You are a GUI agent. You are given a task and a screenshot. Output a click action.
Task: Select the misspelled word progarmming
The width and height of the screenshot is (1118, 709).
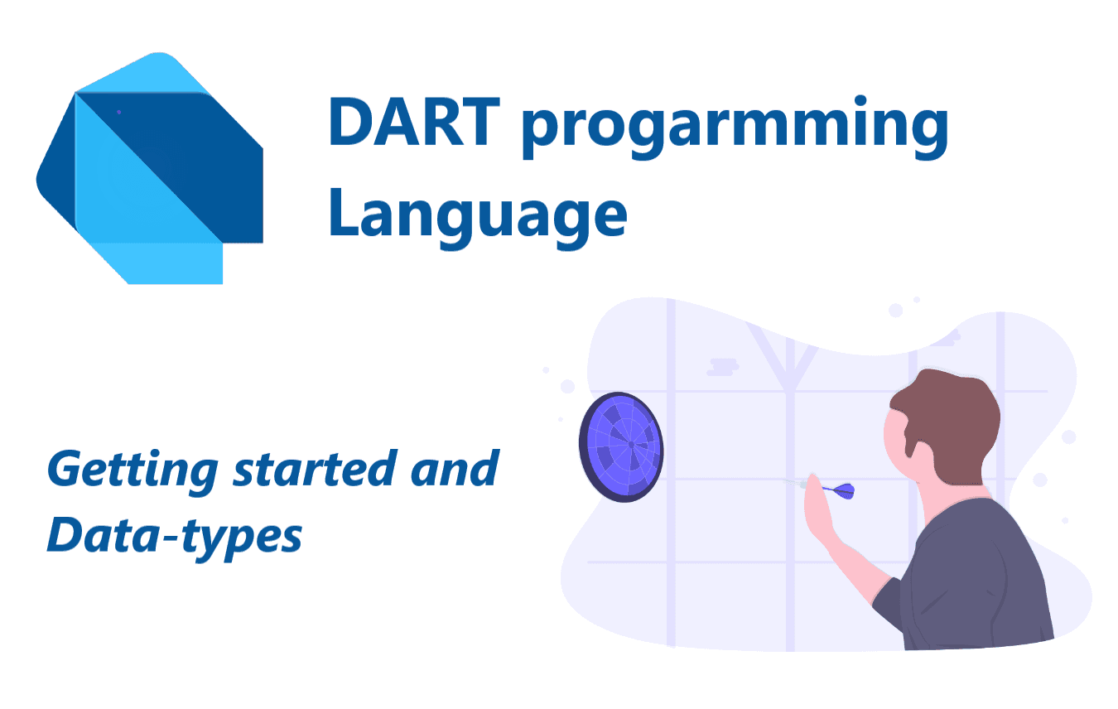735,128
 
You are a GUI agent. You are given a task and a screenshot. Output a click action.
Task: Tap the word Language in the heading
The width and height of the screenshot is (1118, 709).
478,215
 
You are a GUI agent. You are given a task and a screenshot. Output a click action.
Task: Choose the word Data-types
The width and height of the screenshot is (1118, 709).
175,538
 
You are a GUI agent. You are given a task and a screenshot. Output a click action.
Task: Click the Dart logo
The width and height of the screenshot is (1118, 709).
150,168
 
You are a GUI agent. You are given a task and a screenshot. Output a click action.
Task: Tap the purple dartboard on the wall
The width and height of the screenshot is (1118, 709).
621,447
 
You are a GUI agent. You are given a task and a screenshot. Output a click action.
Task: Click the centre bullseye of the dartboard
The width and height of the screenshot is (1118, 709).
631,445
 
